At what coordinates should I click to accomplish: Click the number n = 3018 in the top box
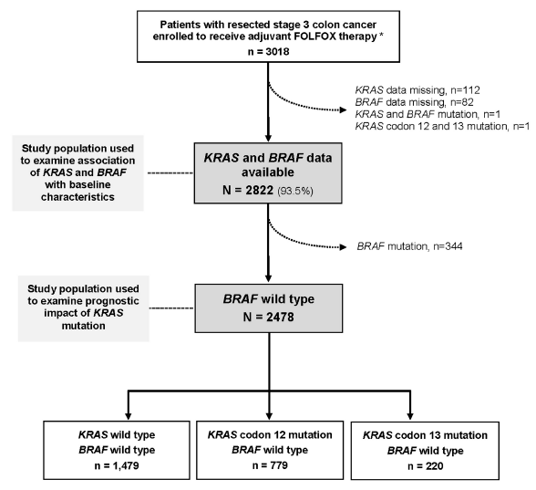[268, 52]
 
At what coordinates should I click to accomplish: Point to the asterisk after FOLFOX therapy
[381, 36]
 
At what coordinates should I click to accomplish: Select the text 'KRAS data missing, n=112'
[417, 90]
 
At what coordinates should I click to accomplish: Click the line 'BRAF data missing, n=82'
[414, 102]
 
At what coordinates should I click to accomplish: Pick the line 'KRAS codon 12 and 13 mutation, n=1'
[442, 126]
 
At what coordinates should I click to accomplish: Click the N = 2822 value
[248, 190]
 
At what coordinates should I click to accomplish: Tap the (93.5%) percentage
[295, 191]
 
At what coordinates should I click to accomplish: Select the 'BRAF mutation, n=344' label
[409, 246]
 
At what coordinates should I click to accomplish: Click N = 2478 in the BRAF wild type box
[268, 318]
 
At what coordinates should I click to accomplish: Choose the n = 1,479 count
[117, 465]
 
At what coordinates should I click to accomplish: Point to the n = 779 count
[270, 465]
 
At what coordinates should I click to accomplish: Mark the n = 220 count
[425, 466]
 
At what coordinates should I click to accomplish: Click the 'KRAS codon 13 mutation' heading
[425, 435]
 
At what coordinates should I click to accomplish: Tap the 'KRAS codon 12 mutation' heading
[270, 435]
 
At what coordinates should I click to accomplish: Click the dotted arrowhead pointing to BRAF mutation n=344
[343, 247]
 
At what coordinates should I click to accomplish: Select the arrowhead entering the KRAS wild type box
[129, 416]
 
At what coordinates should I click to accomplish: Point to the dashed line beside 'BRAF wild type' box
[171, 308]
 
